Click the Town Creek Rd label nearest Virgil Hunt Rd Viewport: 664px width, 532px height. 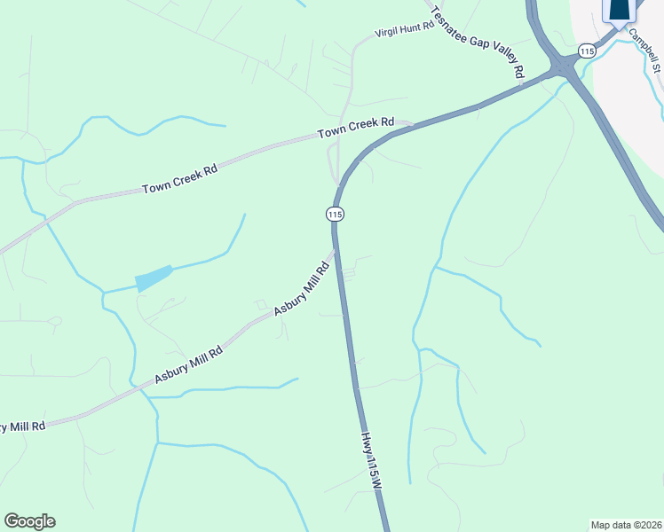pyautogui.click(x=356, y=129)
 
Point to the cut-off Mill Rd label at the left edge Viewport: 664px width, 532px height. pyautogui.click(x=22, y=426)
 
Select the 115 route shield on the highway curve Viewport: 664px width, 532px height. pyautogui.click(x=335, y=214)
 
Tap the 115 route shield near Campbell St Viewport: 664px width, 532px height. pyautogui.click(x=586, y=51)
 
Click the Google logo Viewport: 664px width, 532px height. pyautogui.click(x=29, y=521)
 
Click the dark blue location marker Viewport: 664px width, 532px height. pyautogui.click(x=620, y=9)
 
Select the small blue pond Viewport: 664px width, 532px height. pyautogui.click(x=154, y=278)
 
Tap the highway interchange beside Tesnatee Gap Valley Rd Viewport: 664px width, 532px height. pyautogui.click(x=562, y=68)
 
